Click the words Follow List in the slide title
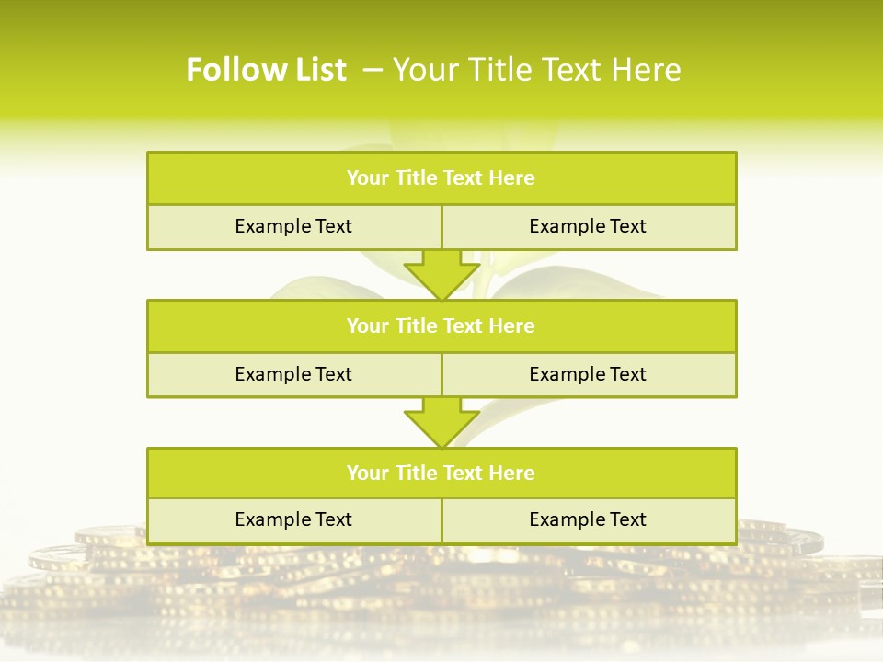pyautogui.click(x=266, y=70)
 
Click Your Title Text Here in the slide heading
pyautogui.click(x=536, y=70)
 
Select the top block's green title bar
pyautogui.click(x=441, y=178)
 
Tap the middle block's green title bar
pyautogui.click(x=441, y=325)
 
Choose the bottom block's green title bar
pyautogui.click(x=441, y=473)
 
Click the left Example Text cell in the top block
pyautogui.click(x=293, y=226)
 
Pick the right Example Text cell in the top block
pyautogui.click(x=588, y=226)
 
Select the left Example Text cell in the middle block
pyautogui.click(x=293, y=374)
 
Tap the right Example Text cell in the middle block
pyautogui.click(x=588, y=374)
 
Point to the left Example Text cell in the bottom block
pyautogui.click(x=293, y=519)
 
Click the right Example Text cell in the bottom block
pyautogui.click(x=588, y=519)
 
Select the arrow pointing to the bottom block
pyautogui.click(x=441, y=422)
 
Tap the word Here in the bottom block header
pyautogui.click(x=512, y=473)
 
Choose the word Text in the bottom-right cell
pyautogui.click(x=627, y=519)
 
